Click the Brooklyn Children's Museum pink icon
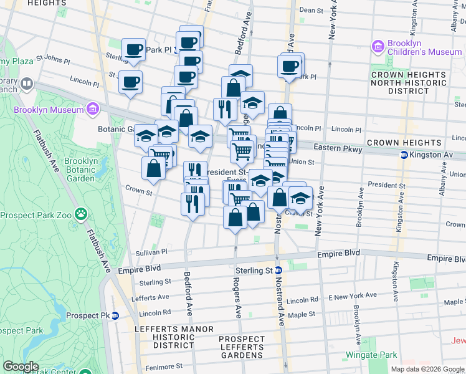point(377,46)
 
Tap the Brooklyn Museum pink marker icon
point(93,110)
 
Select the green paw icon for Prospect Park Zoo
point(80,215)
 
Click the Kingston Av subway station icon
point(404,154)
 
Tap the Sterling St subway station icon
point(279,270)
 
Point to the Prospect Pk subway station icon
point(115,316)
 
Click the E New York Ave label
point(353,295)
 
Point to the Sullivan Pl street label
point(152,252)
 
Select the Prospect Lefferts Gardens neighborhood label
point(242,347)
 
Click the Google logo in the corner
point(21,367)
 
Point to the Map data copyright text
point(428,369)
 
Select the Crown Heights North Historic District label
point(408,82)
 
